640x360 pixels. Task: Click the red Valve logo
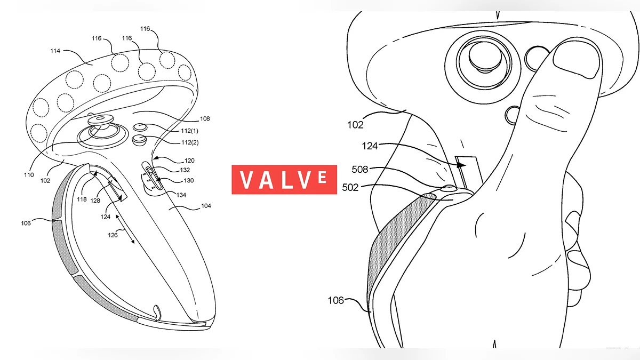(x=284, y=180)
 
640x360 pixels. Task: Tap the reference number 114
(x=55, y=51)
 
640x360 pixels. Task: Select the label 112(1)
(x=189, y=131)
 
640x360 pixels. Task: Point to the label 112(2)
(x=190, y=142)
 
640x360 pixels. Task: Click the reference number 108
(x=205, y=118)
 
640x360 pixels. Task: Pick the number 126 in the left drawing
(x=113, y=235)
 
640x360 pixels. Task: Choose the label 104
(x=206, y=206)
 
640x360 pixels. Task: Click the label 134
(x=181, y=195)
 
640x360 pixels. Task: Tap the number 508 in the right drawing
(x=359, y=170)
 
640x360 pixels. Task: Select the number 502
(x=350, y=187)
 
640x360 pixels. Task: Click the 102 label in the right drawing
(x=355, y=125)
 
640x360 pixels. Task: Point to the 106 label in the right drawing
(x=335, y=300)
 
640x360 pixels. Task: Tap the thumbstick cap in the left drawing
(x=100, y=119)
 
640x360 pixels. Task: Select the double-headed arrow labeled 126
(x=125, y=229)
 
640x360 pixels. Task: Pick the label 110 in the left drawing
(x=29, y=175)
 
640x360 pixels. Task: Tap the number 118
(x=82, y=199)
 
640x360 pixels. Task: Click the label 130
(x=189, y=181)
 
